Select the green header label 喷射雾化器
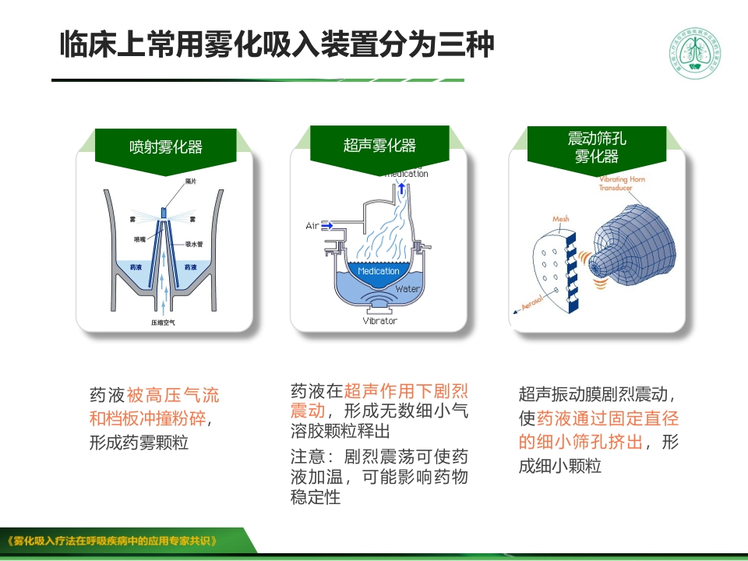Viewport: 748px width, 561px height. pyautogui.click(x=166, y=146)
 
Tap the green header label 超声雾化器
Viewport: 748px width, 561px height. pyautogui.click(x=379, y=146)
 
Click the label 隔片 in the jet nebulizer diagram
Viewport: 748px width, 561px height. pyautogui.click(x=191, y=182)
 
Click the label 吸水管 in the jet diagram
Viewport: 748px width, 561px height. pyautogui.click(x=194, y=244)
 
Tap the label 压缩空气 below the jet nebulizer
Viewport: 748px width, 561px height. pyautogui.click(x=163, y=322)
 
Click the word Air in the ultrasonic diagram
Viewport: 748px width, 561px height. pyautogui.click(x=312, y=226)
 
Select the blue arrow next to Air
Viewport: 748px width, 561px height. pyautogui.click(x=327, y=226)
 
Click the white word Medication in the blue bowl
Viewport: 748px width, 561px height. pyautogui.click(x=379, y=271)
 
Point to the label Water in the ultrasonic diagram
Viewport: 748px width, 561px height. pyautogui.click(x=407, y=289)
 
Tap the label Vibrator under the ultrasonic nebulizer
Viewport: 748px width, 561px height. pyautogui.click(x=379, y=320)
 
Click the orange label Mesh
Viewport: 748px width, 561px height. pyautogui.click(x=561, y=219)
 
